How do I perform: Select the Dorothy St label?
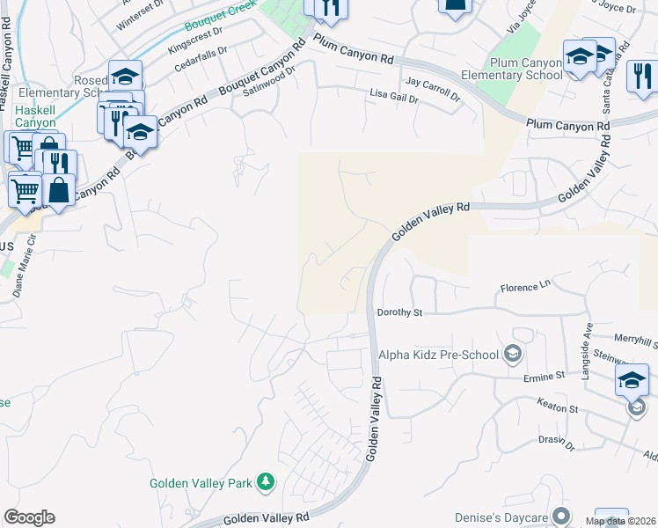[400, 312]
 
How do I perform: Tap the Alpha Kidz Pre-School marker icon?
[512, 355]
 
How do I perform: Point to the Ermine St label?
[545, 376]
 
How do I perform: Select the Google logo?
[29, 517]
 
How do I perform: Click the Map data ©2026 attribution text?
[621, 521]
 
